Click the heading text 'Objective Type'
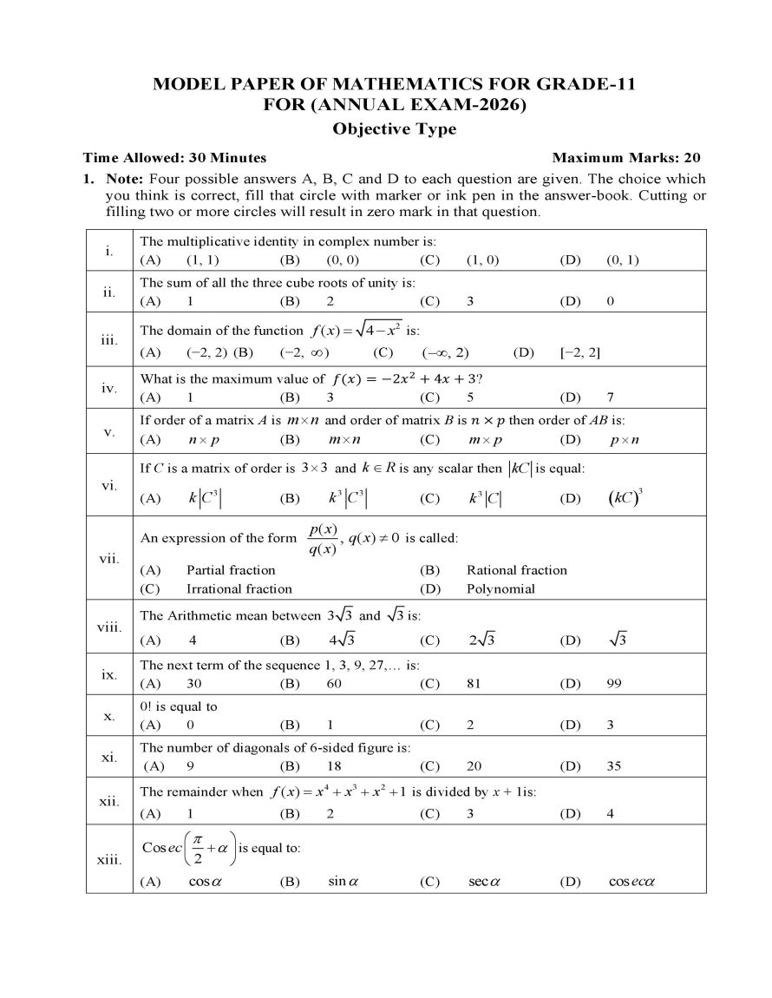395,129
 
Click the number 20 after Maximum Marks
691,158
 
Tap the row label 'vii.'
109,558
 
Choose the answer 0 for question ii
611,301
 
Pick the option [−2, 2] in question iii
581,352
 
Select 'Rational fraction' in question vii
517,570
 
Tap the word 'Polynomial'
500,589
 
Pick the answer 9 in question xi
190,766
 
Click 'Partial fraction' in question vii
231,570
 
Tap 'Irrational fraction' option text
239,589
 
